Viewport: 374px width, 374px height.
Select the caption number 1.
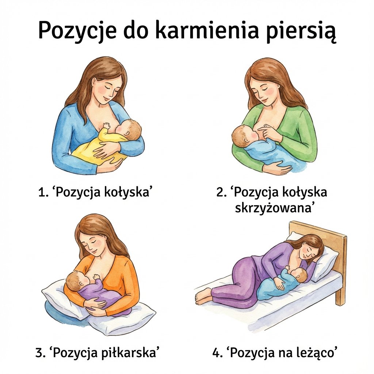[42, 192]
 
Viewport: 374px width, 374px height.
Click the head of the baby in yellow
[130, 130]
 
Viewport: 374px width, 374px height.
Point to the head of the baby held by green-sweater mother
[244, 136]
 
